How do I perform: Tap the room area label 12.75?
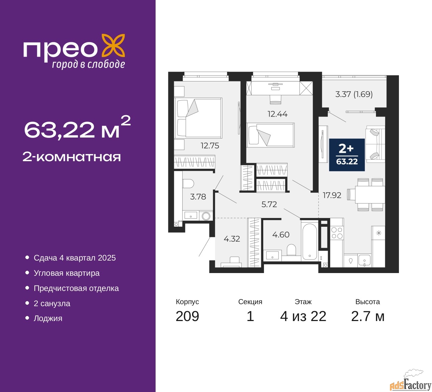click(x=210, y=146)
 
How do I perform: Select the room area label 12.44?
click(x=277, y=114)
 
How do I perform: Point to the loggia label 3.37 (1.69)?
click(x=354, y=94)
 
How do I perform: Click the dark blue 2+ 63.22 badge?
click(x=347, y=154)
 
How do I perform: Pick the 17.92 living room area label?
click(x=332, y=195)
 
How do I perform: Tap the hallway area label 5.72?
click(x=269, y=204)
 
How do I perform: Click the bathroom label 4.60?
click(x=281, y=235)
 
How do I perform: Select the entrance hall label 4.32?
click(x=232, y=239)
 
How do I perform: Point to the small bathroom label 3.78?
click(x=198, y=197)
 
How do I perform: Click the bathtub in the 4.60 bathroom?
click(x=309, y=242)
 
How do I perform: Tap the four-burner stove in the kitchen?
click(x=337, y=233)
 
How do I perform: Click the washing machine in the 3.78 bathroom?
click(x=206, y=216)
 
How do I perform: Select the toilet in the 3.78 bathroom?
click(x=188, y=184)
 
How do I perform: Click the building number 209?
click(x=187, y=316)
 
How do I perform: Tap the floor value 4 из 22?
click(x=303, y=316)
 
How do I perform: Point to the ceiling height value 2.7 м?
click(x=368, y=316)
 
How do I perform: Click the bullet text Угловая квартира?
click(x=66, y=273)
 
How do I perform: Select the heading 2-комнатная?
click(x=72, y=157)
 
